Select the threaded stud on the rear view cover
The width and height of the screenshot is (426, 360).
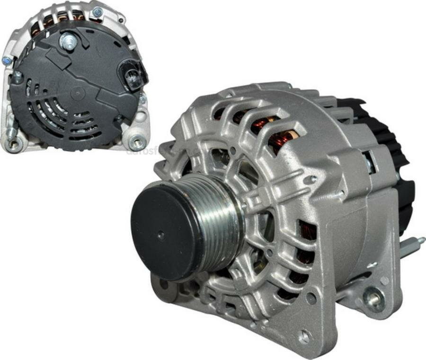coord(69,42)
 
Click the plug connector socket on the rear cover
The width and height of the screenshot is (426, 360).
coord(133,76)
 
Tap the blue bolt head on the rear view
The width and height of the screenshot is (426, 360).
coord(7,61)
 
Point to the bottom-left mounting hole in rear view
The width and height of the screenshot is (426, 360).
coord(13,142)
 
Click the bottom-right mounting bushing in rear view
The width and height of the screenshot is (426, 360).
coord(137,141)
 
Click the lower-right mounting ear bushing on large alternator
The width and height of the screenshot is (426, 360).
coord(374,298)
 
